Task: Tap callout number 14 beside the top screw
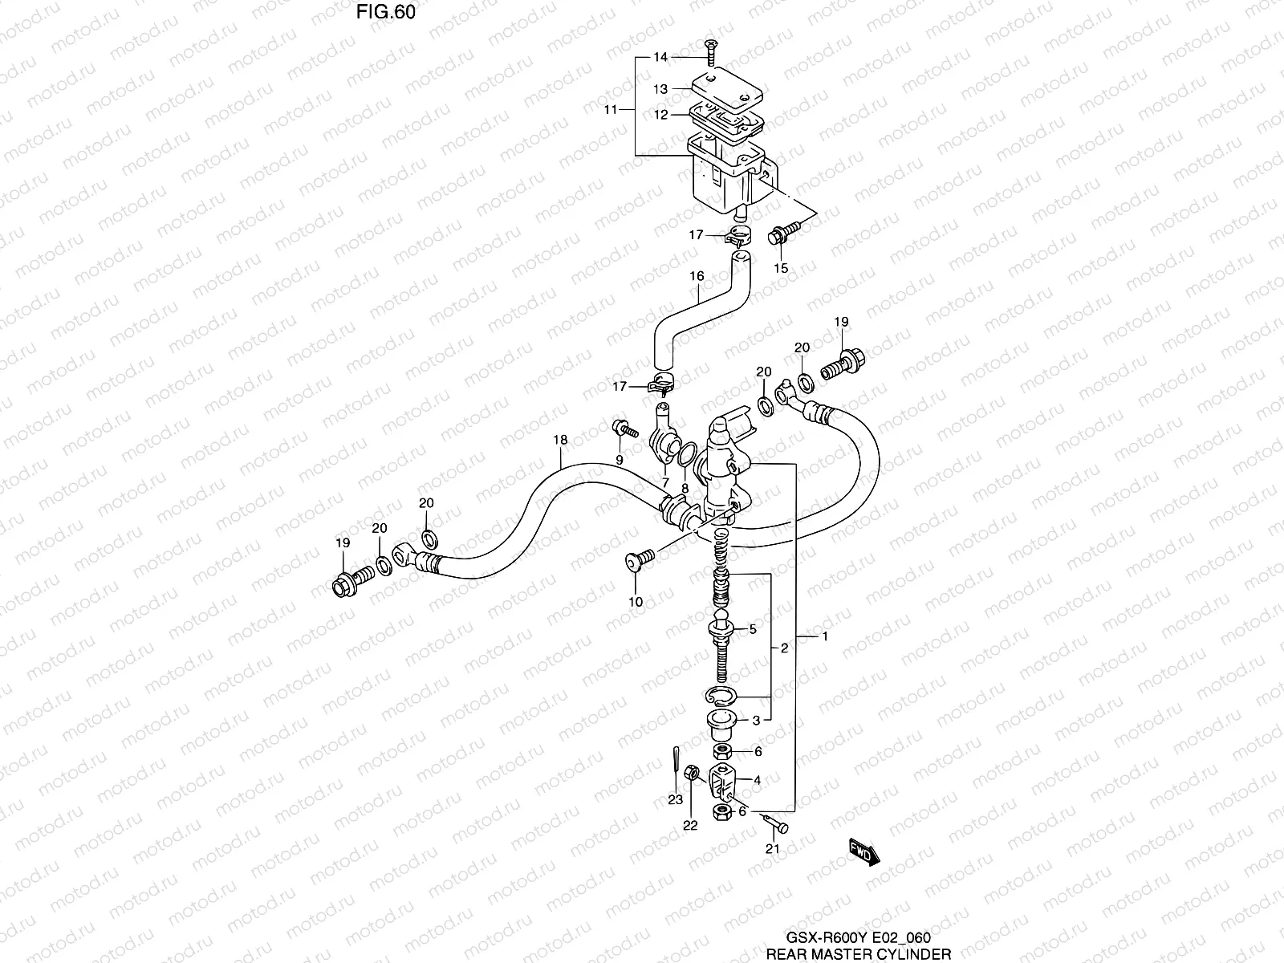660,57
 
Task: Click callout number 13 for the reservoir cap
660,90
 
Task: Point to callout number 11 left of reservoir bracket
612,109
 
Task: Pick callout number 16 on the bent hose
697,276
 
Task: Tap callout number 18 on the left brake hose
560,440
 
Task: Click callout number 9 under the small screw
620,460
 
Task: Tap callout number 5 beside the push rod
752,630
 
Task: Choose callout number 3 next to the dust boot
756,721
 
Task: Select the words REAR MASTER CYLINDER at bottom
859,954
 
